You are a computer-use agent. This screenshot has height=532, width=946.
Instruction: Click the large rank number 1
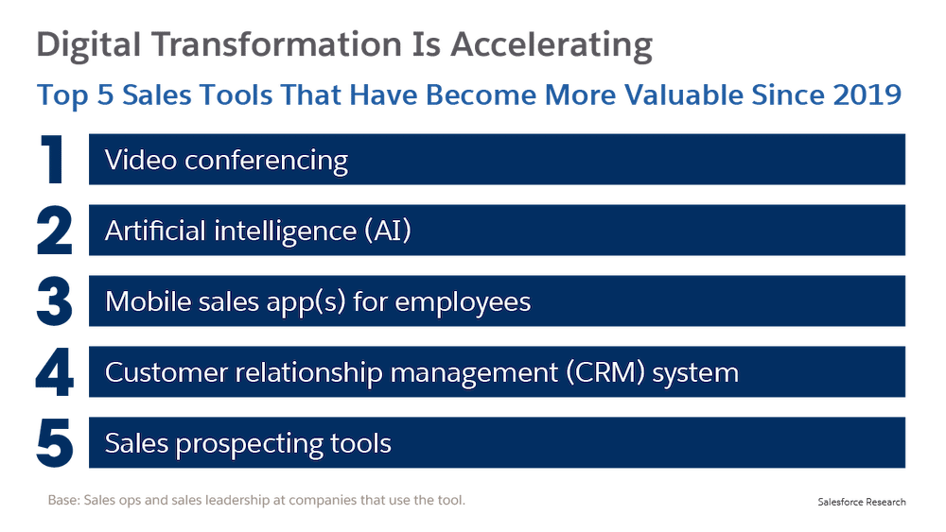[x=53, y=159]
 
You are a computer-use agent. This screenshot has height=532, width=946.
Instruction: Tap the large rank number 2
[x=54, y=231]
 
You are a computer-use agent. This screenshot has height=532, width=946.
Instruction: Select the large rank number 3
[x=54, y=301]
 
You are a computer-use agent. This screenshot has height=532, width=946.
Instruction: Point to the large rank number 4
[x=54, y=371]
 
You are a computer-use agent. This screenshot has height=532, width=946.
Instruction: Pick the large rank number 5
[x=55, y=443]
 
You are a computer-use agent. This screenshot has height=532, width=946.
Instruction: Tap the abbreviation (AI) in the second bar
[x=388, y=231]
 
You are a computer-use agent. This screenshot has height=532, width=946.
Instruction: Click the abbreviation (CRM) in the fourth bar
[x=605, y=372]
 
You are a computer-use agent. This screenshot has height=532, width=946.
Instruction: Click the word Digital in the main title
[x=88, y=45]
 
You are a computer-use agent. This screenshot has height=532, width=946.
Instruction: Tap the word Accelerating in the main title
[x=552, y=45]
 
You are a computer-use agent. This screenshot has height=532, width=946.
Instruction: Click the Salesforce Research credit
[x=862, y=502]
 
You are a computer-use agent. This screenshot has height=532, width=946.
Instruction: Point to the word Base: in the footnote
[x=63, y=500]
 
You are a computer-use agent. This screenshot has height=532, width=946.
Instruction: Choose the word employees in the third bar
[x=463, y=302]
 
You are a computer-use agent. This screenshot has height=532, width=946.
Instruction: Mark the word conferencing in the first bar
[x=266, y=162]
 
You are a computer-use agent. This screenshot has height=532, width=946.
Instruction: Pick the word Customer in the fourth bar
[x=166, y=372]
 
